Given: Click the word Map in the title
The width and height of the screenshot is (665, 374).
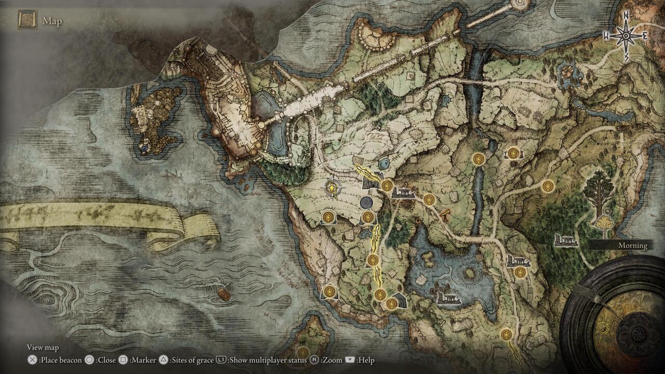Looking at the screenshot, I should click(x=52, y=21).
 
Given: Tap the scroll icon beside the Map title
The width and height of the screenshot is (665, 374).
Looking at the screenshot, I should click(x=27, y=20).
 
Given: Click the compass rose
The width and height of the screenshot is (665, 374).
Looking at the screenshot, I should click(x=626, y=35).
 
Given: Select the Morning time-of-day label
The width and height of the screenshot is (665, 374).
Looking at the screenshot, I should click(x=632, y=245).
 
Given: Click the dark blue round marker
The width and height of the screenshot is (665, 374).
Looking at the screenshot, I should click(x=366, y=202).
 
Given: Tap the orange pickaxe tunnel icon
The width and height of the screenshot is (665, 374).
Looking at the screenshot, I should click(x=445, y=214).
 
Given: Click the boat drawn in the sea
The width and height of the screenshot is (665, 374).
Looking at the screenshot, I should click(x=223, y=294).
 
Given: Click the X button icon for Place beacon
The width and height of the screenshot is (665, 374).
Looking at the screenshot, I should click(x=32, y=360).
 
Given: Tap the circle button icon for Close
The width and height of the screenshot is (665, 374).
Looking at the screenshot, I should click(x=89, y=360).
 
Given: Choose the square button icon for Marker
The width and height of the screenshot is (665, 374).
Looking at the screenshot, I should click(x=123, y=360).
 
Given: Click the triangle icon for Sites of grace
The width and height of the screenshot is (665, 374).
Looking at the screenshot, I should click(x=164, y=360).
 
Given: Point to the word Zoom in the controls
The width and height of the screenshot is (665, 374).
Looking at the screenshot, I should click(x=335, y=360).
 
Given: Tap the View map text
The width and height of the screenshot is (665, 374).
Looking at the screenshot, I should click(x=43, y=348).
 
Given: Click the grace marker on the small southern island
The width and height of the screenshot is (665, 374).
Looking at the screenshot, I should click(x=303, y=352).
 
